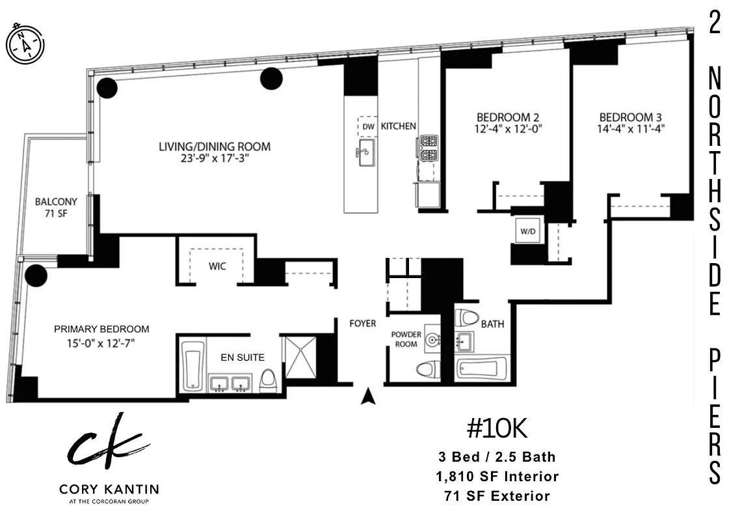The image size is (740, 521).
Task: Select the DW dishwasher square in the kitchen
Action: click(368, 126)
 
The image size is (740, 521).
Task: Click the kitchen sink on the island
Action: click(365, 152)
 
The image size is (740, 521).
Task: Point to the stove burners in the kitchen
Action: click(428, 148)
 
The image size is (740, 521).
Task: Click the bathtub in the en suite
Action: click(192, 365)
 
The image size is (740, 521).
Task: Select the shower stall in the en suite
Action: click(300, 357)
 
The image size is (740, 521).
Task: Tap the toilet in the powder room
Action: click(427, 369)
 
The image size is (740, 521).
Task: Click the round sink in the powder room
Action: click(432, 339)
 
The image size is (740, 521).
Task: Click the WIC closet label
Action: click(217, 266)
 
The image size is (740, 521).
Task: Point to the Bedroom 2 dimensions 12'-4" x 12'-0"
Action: click(508, 129)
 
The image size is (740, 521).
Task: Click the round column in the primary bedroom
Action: click(36, 275)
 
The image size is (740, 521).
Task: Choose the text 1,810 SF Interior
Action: click(497, 477)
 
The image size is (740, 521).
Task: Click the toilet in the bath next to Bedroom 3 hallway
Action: click(466, 318)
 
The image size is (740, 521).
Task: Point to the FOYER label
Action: click(362, 324)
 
